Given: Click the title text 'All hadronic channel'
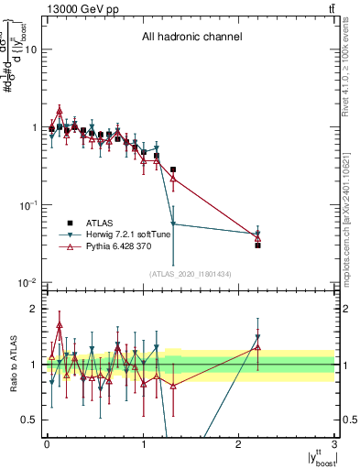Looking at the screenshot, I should point(191,38).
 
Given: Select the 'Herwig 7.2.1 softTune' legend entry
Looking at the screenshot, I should point(127,234).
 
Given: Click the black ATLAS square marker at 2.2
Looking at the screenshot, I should point(258,245).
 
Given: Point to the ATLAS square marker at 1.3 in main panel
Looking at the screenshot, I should point(173,169).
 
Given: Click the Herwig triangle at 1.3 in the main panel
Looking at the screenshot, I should point(173,224).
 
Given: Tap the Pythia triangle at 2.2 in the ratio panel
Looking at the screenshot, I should point(258,347).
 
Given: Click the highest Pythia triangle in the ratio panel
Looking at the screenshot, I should point(60,324).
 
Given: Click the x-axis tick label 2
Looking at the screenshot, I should point(239,444).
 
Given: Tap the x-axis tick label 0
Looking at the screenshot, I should point(47,444).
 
